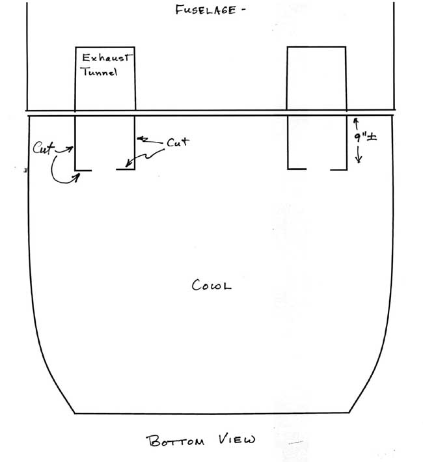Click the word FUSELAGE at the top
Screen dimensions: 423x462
tap(206, 10)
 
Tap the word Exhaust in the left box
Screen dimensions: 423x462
tap(106, 57)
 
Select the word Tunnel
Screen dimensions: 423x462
tap(100, 72)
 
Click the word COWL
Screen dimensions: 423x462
tap(211, 285)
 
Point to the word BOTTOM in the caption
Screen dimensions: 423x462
tap(175, 441)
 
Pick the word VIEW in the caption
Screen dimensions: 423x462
tap(237, 439)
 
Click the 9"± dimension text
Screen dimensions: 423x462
tap(366, 137)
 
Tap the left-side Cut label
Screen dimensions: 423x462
tap(44, 148)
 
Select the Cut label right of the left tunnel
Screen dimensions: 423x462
tap(178, 142)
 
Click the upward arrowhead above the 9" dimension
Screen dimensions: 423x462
tap(356, 120)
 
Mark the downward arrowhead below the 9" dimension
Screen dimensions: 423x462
tap(359, 160)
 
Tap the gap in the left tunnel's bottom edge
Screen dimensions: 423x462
tap(103, 170)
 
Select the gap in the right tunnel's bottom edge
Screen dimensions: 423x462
tap(318, 169)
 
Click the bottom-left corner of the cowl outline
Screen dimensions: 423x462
tap(74, 413)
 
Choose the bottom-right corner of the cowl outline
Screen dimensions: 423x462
tap(349, 413)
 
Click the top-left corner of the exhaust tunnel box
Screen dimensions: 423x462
tap(75, 47)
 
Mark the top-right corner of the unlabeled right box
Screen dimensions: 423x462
tap(346, 47)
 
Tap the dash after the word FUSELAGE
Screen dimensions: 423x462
tap(243, 9)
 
